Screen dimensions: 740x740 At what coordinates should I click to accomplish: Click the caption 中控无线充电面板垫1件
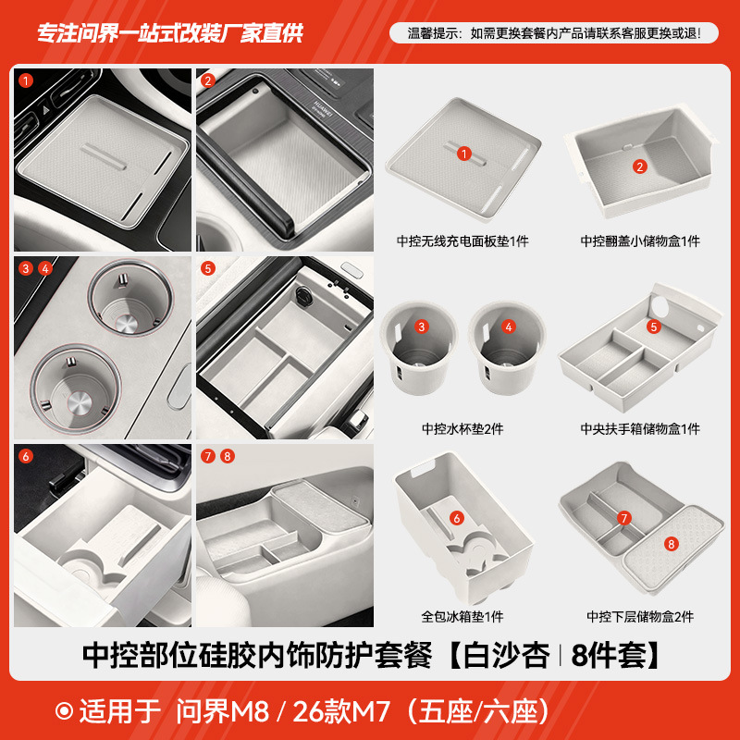pyautogui.click(x=462, y=241)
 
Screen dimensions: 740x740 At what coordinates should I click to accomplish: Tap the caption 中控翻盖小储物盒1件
pyautogui.click(x=640, y=241)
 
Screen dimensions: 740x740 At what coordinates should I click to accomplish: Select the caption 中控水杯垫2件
pyautogui.click(x=462, y=428)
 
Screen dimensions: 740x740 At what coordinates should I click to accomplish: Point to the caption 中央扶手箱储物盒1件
pyautogui.click(x=640, y=428)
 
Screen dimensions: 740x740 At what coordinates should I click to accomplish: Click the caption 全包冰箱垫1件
pyautogui.click(x=462, y=616)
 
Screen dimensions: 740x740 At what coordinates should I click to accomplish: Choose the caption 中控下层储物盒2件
pyautogui.click(x=640, y=616)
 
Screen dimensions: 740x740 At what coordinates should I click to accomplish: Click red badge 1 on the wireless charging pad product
pyautogui.click(x=464, y=154)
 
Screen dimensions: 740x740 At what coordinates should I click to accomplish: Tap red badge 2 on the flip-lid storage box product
pyautogui.click(x=639, y=166)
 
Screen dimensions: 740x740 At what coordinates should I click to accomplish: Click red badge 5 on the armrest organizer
pyautogui.click(x=653, y=327)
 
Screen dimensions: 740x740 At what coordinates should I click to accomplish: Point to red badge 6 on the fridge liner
pyautogui.click(x=456, y=518)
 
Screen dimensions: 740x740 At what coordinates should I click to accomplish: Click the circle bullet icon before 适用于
pyautogui.click(x=66, y=712)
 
